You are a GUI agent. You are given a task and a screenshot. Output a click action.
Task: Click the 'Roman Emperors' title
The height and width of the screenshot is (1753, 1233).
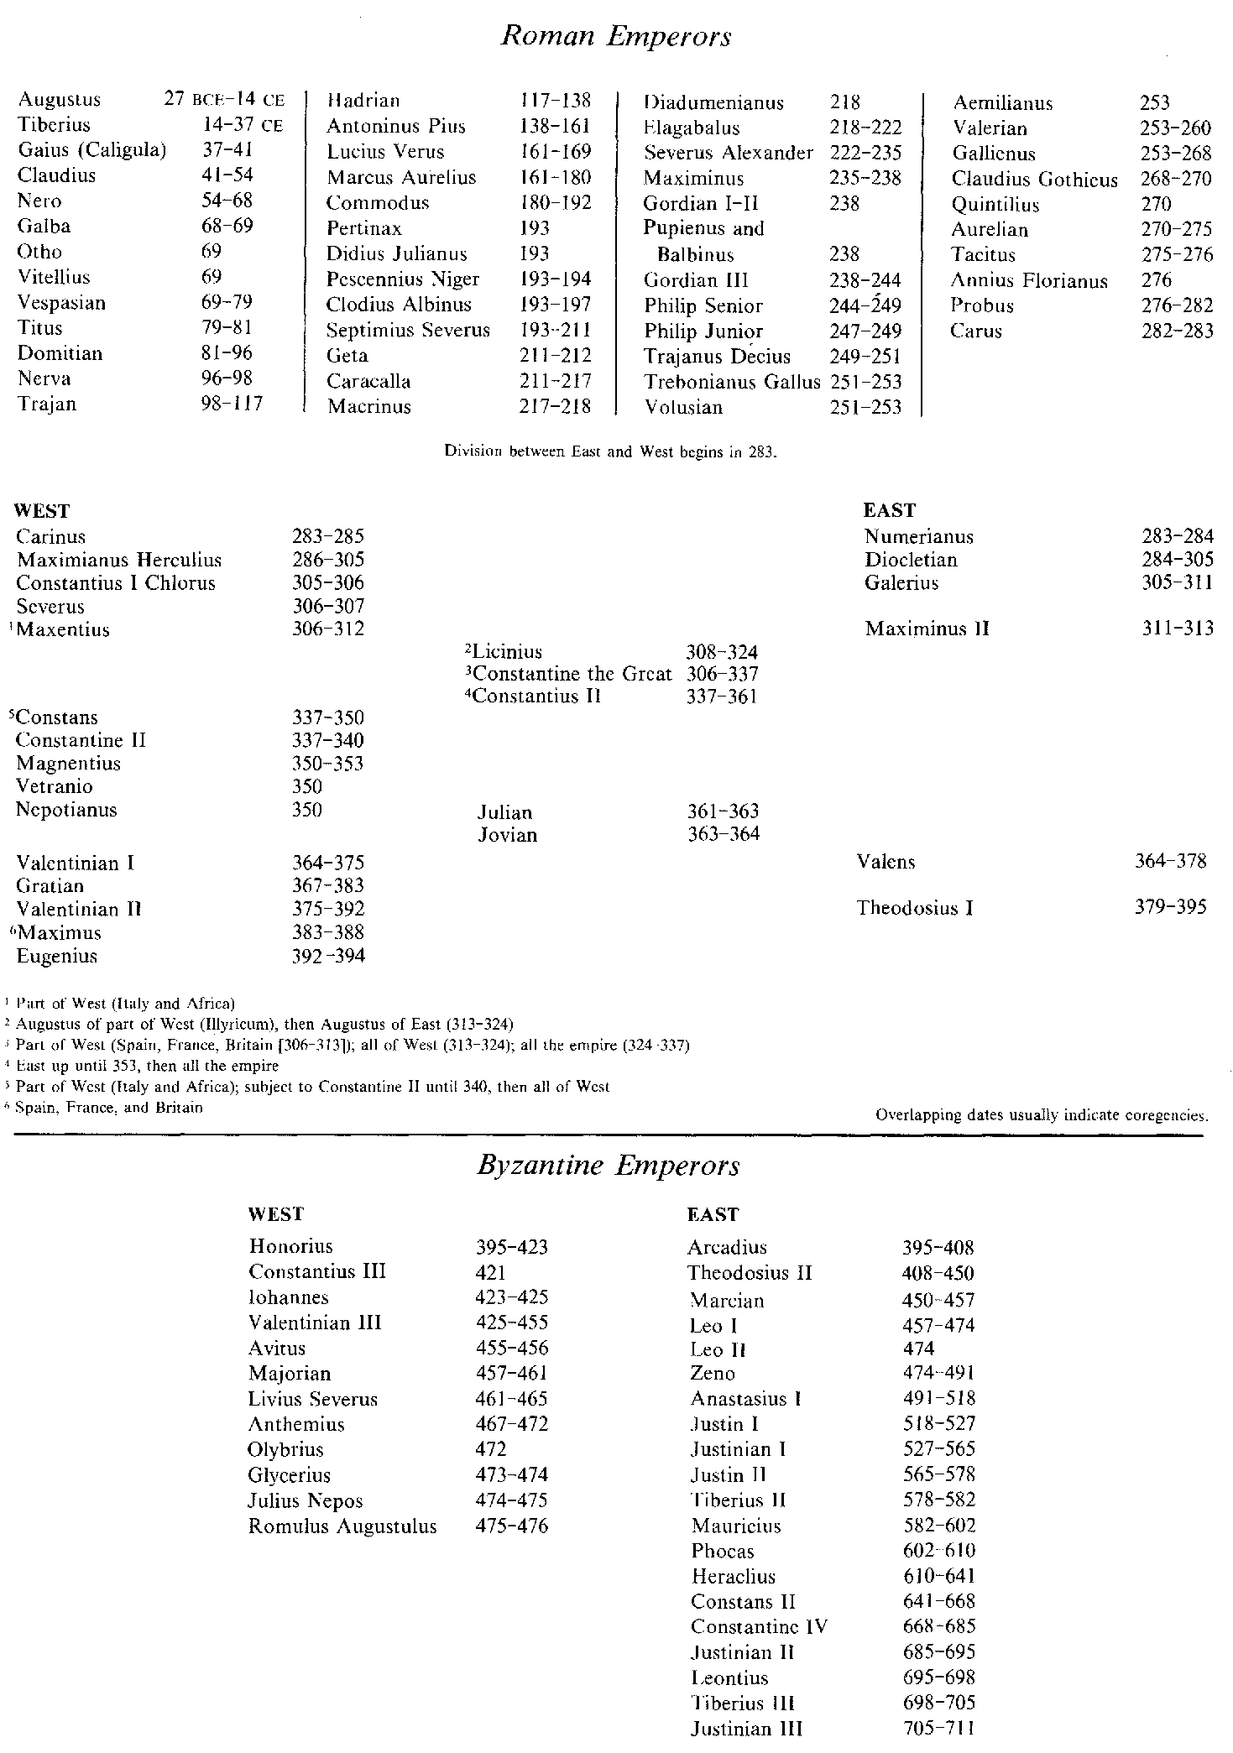615,37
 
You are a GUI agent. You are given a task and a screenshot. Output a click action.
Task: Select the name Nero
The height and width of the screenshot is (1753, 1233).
40,201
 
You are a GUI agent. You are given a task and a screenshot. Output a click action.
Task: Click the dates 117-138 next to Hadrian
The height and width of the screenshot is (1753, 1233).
555,101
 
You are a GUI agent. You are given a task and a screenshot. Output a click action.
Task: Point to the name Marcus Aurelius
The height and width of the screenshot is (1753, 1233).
401,178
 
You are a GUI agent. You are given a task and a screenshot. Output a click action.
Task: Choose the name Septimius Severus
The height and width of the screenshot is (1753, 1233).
408,331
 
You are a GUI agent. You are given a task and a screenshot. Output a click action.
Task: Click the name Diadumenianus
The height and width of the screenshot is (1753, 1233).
713,103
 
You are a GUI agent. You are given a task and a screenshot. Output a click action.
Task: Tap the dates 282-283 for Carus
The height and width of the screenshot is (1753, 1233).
1177,331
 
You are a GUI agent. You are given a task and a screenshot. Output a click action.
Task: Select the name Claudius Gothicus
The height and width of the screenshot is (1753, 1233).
1034,180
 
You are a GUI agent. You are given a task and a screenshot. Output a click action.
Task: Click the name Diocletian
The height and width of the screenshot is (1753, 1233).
911,560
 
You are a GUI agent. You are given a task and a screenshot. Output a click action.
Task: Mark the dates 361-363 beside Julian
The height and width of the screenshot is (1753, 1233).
723,811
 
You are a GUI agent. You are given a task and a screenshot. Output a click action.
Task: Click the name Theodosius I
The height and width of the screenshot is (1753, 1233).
915,908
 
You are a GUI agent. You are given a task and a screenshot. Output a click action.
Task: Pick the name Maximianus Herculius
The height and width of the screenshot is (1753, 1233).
119,560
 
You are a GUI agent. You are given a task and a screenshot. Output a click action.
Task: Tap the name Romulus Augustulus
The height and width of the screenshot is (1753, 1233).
342,1526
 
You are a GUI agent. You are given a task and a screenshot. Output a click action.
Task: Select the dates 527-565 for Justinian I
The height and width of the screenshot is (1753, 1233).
938,1449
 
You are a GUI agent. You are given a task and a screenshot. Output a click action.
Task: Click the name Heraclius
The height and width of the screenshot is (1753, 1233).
733,1577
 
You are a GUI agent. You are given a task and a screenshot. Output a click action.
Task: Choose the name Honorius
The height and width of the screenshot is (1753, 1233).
290,1246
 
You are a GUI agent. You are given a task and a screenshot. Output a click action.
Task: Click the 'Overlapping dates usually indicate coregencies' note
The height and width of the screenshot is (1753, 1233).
1041,1116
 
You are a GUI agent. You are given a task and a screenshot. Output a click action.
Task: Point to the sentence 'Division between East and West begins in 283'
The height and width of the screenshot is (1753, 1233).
611,451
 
